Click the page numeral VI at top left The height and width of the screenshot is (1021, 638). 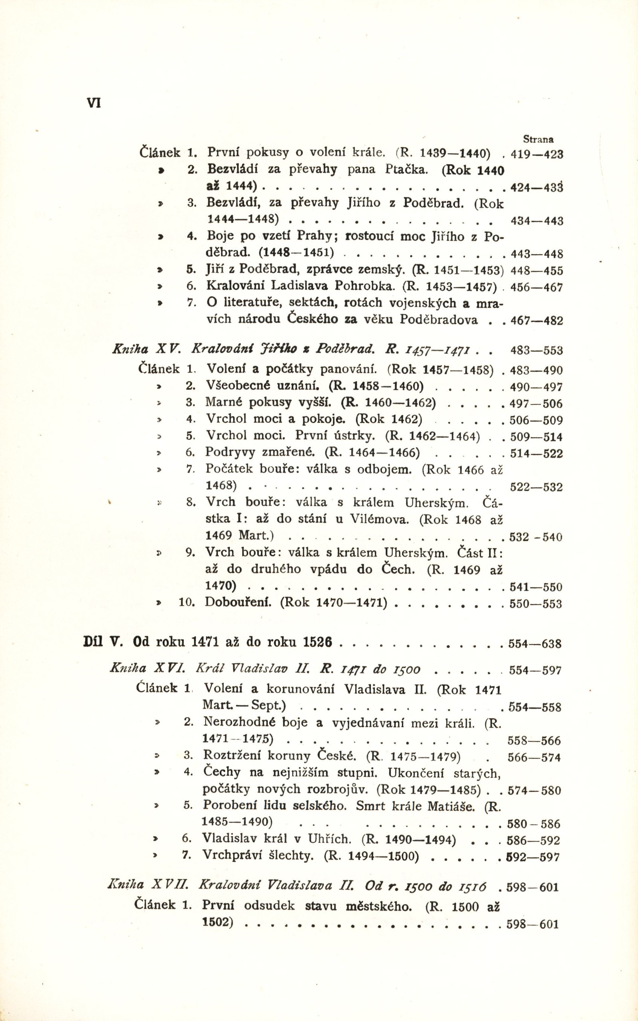coord(94,103)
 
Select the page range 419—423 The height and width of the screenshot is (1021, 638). coord(537,154)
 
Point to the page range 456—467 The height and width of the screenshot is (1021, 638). coord(536,288)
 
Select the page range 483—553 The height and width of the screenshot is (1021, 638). coord(536,351)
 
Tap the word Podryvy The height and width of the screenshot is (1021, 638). coord(230,452)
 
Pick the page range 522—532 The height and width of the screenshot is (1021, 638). coord(536,487)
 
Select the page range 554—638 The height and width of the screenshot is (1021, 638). coord(535,644)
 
